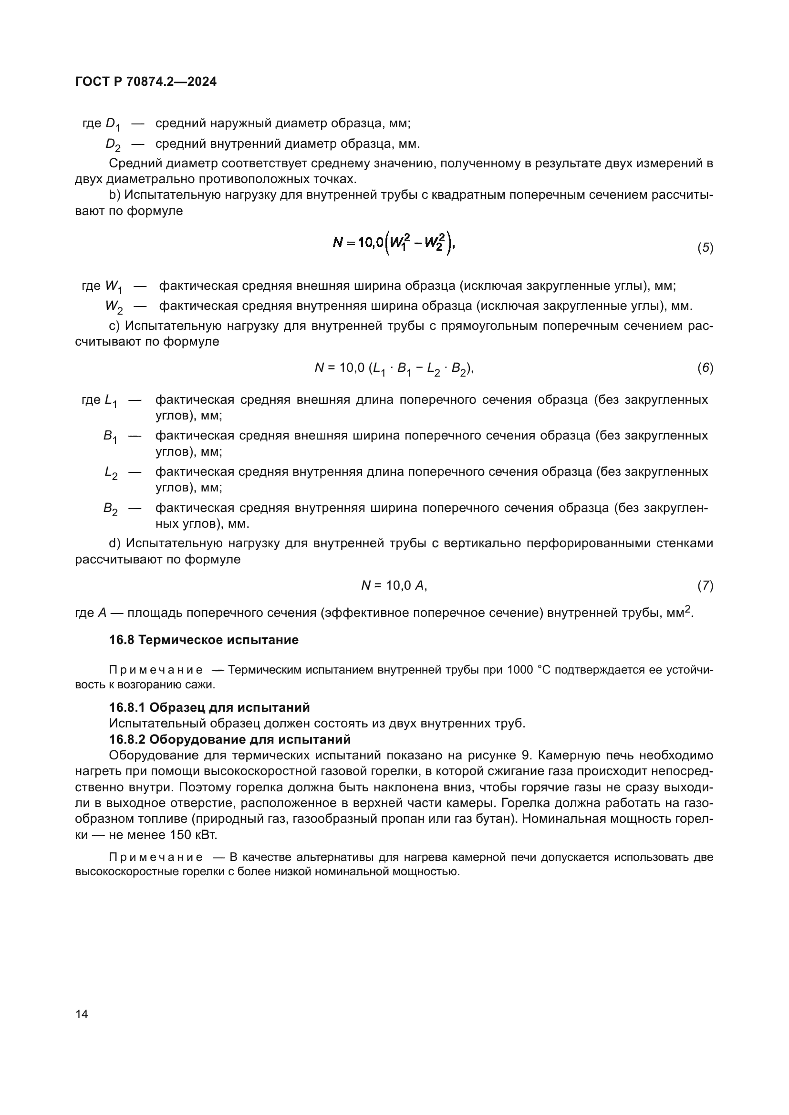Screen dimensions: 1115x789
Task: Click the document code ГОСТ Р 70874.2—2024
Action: pos(146,82)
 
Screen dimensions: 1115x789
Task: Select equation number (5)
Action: pos(705,248)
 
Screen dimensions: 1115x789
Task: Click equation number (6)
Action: pos(705,368)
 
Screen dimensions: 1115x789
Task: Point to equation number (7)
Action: pos(705,586)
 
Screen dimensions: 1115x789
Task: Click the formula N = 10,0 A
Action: pos(394,586)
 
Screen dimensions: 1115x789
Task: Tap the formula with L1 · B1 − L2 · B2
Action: pos(394,368)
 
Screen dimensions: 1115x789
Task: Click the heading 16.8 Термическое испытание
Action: pos(204,640)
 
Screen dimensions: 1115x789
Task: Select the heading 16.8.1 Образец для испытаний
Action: pos(209,707)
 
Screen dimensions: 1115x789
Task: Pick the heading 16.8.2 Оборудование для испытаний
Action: pos(229,739)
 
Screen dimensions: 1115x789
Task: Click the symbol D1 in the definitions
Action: pos(112,124)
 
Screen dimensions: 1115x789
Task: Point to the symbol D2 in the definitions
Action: pos(113,145)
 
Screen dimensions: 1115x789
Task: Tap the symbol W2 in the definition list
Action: pos(114,307)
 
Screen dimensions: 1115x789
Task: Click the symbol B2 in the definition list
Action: pos(110,509)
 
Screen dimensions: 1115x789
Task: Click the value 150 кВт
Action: pos(193,835)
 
